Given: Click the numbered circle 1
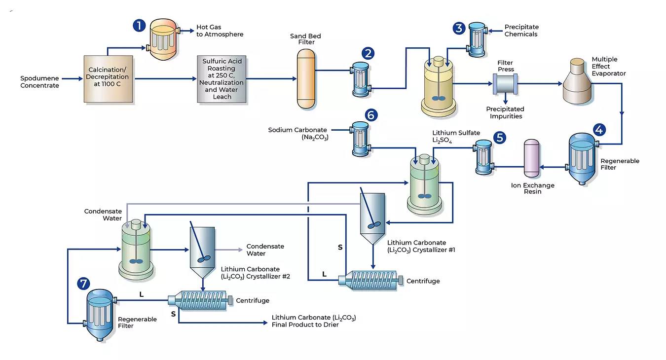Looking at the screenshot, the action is pos(139,25).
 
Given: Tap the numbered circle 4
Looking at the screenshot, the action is pos(599,130).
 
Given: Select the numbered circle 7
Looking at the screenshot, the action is pos(83,283).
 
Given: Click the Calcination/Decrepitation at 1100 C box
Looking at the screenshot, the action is pos(109,79).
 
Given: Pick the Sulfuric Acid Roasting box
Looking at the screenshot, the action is pos(222,79).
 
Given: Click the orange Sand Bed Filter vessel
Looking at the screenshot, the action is pos(306,79).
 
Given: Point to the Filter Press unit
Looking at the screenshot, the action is pos(505,84).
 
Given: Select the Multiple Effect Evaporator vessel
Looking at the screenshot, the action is pos(577,81).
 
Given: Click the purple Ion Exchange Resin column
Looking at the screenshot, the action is pos(531,158).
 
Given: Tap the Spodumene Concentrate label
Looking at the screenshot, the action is pos(39,82).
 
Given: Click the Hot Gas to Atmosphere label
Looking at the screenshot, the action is pos(220,31).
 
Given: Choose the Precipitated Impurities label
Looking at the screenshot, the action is pos(505,112).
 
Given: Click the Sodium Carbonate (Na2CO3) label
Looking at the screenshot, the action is pos(297,134).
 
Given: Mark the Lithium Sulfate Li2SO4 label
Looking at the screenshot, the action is pos(456,137).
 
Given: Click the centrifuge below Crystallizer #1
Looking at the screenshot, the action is pos(371,280).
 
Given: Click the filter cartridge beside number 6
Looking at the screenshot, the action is pos(360,139).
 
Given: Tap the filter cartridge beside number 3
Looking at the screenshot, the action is pos(477,39).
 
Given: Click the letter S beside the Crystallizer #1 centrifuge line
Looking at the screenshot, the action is pos(340,248).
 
